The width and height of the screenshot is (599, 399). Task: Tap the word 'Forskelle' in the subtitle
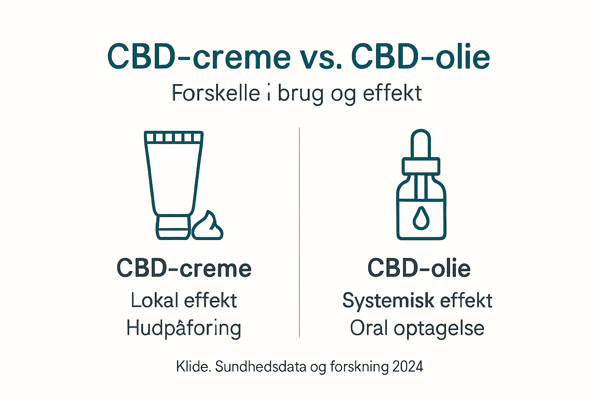[x=216, y=94]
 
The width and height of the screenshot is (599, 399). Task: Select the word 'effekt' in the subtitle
[x=392, y=94]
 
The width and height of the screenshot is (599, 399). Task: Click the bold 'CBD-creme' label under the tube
[x=184, y=268]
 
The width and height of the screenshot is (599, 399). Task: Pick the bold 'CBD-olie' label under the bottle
[x=419, y=268]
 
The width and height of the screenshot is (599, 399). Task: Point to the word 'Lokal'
[x=155, y=300]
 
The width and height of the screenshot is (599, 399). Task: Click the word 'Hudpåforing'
[x=184, y=328]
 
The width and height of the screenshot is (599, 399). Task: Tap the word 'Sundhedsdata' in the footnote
[x=261, y=367]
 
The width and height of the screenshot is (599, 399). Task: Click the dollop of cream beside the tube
[x=207, y=227]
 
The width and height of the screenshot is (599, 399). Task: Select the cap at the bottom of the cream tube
[x=174, y=227]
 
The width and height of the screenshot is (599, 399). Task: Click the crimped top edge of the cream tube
[x=174, y=137]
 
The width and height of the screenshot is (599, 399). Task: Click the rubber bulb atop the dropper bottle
[x=421, y=143]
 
